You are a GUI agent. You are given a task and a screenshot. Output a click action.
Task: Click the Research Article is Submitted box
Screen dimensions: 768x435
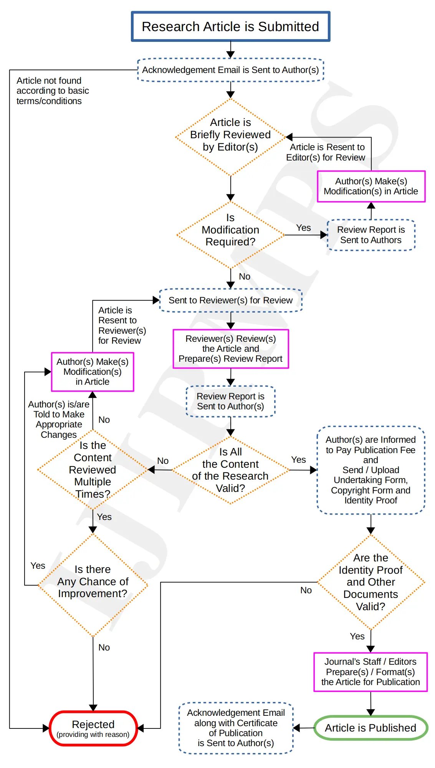pyautogui.click(x=230, y=26)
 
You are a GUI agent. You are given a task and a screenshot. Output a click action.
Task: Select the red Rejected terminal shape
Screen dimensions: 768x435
pyautogui.click(x=93, y=728)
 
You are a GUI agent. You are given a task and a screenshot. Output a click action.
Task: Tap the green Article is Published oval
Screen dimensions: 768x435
pyautogui.click(x=370, y=728)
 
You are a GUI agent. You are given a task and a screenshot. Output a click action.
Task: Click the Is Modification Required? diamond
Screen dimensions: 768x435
pyautogui.click(x=230, y=235)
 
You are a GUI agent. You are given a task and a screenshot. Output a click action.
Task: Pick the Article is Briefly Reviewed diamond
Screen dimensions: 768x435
pyautogui.click(x=230, y=137)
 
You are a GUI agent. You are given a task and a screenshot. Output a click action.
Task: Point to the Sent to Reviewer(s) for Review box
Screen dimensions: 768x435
pyautogui.click(x=230, y=300)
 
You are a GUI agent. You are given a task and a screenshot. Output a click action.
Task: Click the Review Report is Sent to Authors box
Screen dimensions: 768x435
pyautogui.click(x=371, y=235)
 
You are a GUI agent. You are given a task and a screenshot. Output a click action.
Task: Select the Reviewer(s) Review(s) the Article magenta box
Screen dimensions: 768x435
pyautogui.click(x=230, y=349)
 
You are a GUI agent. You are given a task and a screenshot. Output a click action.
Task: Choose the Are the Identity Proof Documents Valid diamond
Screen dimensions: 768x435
pyautogui.click(x=370, y=582)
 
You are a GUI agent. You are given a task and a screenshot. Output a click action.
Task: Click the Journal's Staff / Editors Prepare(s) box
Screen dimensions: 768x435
pyautogui.click(x=370, y=672)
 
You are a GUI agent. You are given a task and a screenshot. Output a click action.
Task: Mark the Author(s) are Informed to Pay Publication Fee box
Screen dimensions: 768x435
pyautogui.click(x=370, y=470)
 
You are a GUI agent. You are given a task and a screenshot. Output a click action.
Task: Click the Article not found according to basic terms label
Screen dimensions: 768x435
pyautogui.click(x=52, y=91)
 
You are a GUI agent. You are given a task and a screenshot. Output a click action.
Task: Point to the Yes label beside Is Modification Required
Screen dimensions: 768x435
pyautogui.click(x=303, y=228)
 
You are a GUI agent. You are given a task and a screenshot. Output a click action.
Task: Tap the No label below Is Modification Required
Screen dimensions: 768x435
pyautogui.click(x=245, y=276)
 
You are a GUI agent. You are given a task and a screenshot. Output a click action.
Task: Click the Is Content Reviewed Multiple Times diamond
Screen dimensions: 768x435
pyautogui.click(x=93, y=470)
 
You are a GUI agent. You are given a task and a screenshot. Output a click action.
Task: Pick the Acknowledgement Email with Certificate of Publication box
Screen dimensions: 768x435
pyautogui.click(x=236, y=728)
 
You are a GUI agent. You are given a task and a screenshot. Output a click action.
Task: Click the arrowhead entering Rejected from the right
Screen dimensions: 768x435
pyautogui.click(x=141, y=728)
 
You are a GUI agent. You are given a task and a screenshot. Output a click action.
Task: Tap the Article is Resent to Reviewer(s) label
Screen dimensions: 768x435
pyautogui.click(x=121, y=325)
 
